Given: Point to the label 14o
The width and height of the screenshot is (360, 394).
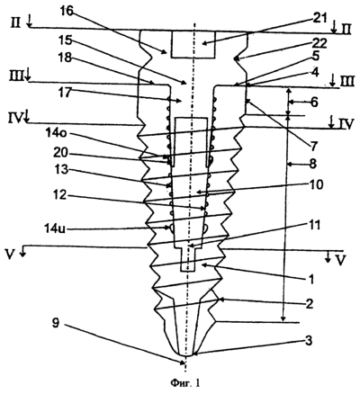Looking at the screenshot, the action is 56,134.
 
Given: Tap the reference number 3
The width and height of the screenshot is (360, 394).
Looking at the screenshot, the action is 309,340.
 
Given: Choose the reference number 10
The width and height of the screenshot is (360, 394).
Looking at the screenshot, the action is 314,184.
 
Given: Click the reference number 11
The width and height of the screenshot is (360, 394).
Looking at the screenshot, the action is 312,225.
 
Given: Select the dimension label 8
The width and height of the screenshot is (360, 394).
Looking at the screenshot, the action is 312,164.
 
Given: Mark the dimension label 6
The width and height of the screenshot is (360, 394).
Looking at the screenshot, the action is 313,103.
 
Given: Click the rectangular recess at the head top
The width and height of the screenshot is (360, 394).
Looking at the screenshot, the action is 193,44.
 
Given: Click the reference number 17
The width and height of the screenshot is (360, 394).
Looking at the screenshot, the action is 66,92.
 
